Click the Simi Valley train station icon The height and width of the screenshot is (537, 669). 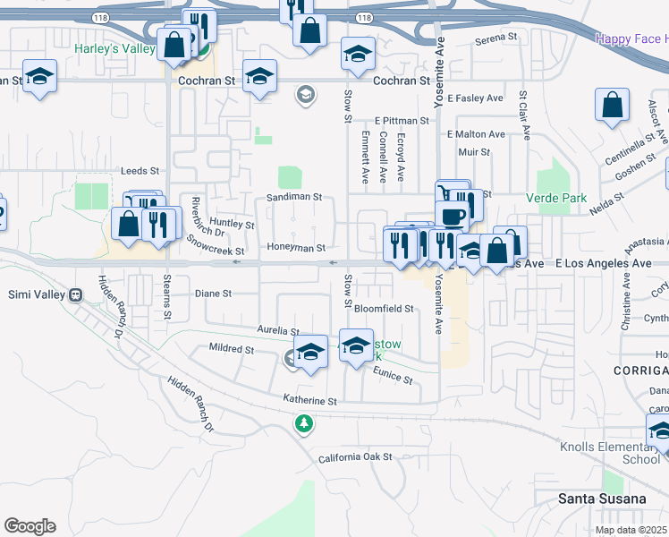tap(76, 294)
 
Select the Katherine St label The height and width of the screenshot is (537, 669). tap(309, 401)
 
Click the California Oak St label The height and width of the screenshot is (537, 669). tap(355, 457)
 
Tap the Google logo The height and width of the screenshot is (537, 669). tap(30, 526)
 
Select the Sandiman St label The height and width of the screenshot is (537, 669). tap(293, 197)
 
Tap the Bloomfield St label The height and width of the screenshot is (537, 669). tap(384, 309)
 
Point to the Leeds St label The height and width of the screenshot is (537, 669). tap(139, 170)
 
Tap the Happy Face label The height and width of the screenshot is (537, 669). tap(631, 38)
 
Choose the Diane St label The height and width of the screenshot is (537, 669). tap(213, 293)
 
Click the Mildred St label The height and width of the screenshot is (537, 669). tap(231, 348)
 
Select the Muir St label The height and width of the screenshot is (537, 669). tap(473, 152)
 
